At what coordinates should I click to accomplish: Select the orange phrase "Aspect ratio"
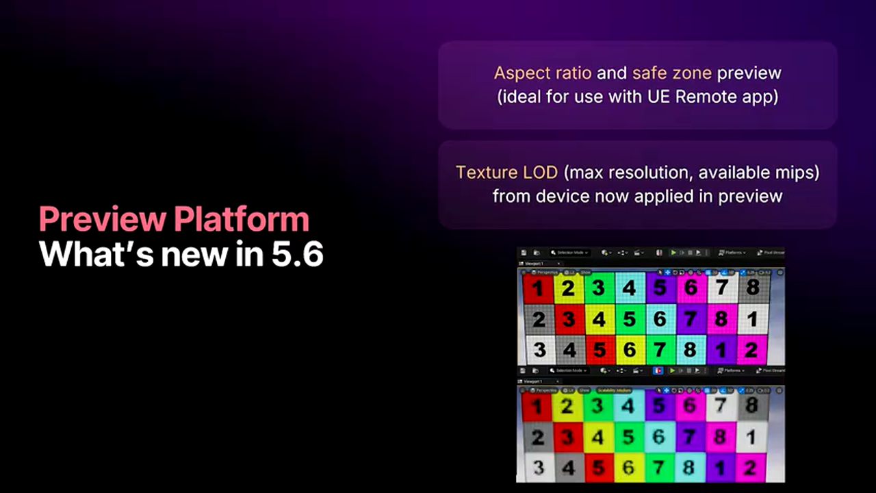click(543, 73)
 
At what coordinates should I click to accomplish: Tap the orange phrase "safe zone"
click(671, 73)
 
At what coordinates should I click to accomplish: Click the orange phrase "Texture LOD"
click(506, 172)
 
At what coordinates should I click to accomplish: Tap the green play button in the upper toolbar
click(673, 253)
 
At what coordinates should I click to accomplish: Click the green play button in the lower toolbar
click(672, 370)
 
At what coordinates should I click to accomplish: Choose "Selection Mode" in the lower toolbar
click(569, 370)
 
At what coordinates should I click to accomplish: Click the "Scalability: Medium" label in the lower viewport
click(615, 390)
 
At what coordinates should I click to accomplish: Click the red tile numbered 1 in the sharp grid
click(538, 288)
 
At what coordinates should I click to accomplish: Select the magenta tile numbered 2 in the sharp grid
click(751, 350)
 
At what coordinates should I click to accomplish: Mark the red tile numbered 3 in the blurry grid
click(568, 437)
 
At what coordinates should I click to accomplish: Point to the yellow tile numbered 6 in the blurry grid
click(629, 468)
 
